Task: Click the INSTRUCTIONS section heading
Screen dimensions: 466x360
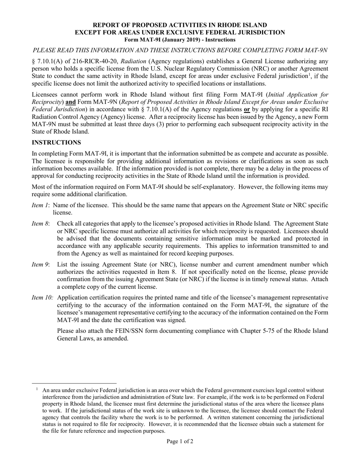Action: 56,142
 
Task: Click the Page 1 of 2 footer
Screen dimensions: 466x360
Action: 180,441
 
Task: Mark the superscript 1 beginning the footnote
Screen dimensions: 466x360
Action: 37,389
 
